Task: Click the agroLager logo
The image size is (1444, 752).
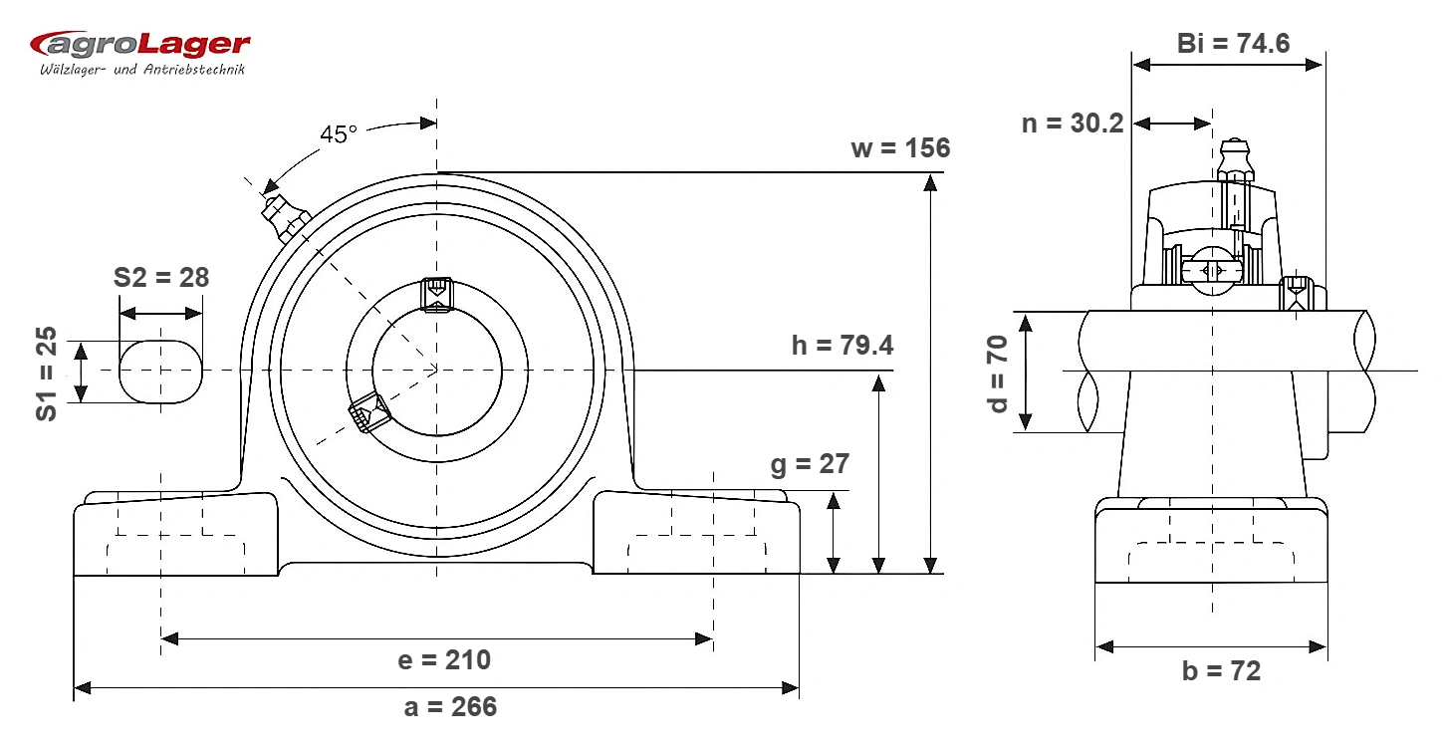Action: click(139, 52)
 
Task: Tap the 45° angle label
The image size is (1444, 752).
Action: click(339, 134)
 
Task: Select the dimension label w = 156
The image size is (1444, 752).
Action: click(900, 148)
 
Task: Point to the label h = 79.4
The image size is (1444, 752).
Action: click(842, 346)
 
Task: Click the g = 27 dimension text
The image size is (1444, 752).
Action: click(810, 465)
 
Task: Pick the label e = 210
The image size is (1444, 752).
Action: click(444, 660)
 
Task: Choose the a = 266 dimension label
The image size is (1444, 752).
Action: click(450, 707)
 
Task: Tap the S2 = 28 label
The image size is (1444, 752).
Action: click(161, 278)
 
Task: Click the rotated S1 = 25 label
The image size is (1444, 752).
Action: click(47, 374)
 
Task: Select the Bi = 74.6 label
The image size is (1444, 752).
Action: click(1233, 44)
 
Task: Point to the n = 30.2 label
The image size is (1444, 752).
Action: click(1073, 124)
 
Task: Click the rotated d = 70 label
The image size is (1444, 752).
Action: click(997, 374)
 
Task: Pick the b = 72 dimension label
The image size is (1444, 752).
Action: click(1221, 671)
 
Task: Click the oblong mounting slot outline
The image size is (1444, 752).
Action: click(160, 341)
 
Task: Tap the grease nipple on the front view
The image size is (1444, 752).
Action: click(284, 217)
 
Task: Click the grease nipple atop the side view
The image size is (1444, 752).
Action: click(1235, 159)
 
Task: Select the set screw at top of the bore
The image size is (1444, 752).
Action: click(436, 295)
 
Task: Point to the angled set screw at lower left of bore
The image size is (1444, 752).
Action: click(369, 412)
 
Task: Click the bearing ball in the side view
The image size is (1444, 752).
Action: click(1212, 272)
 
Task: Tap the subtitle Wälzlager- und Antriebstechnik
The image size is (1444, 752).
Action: click(142, 70)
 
